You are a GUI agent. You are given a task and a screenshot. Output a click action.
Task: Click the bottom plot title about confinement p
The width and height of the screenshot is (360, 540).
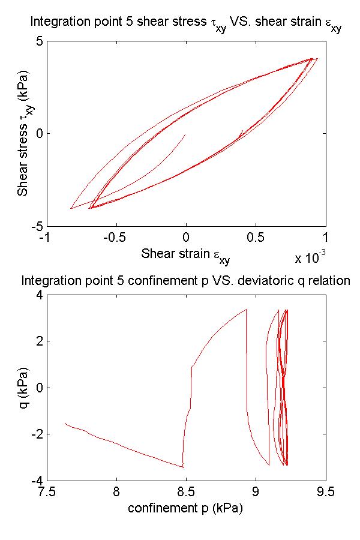[185, 280]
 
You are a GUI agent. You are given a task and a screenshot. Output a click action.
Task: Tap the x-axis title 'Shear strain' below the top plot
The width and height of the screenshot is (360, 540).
[185, 254]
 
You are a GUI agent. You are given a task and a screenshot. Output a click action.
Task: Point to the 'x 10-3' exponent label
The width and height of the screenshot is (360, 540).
[310, 257]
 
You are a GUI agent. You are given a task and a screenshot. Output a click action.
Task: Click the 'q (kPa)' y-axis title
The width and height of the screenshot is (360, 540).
[24, 388]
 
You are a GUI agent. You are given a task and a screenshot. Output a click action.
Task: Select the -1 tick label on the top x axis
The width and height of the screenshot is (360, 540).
[43, 238]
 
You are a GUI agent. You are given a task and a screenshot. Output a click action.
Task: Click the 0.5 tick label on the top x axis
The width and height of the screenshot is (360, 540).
[256, 238]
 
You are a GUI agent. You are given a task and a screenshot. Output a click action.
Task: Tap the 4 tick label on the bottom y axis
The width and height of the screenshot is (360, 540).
[37, 295]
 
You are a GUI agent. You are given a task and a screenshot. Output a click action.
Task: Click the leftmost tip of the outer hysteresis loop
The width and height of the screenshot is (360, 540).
[71, 208]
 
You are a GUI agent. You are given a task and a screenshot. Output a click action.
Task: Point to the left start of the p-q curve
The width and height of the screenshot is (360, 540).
[65, 424]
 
